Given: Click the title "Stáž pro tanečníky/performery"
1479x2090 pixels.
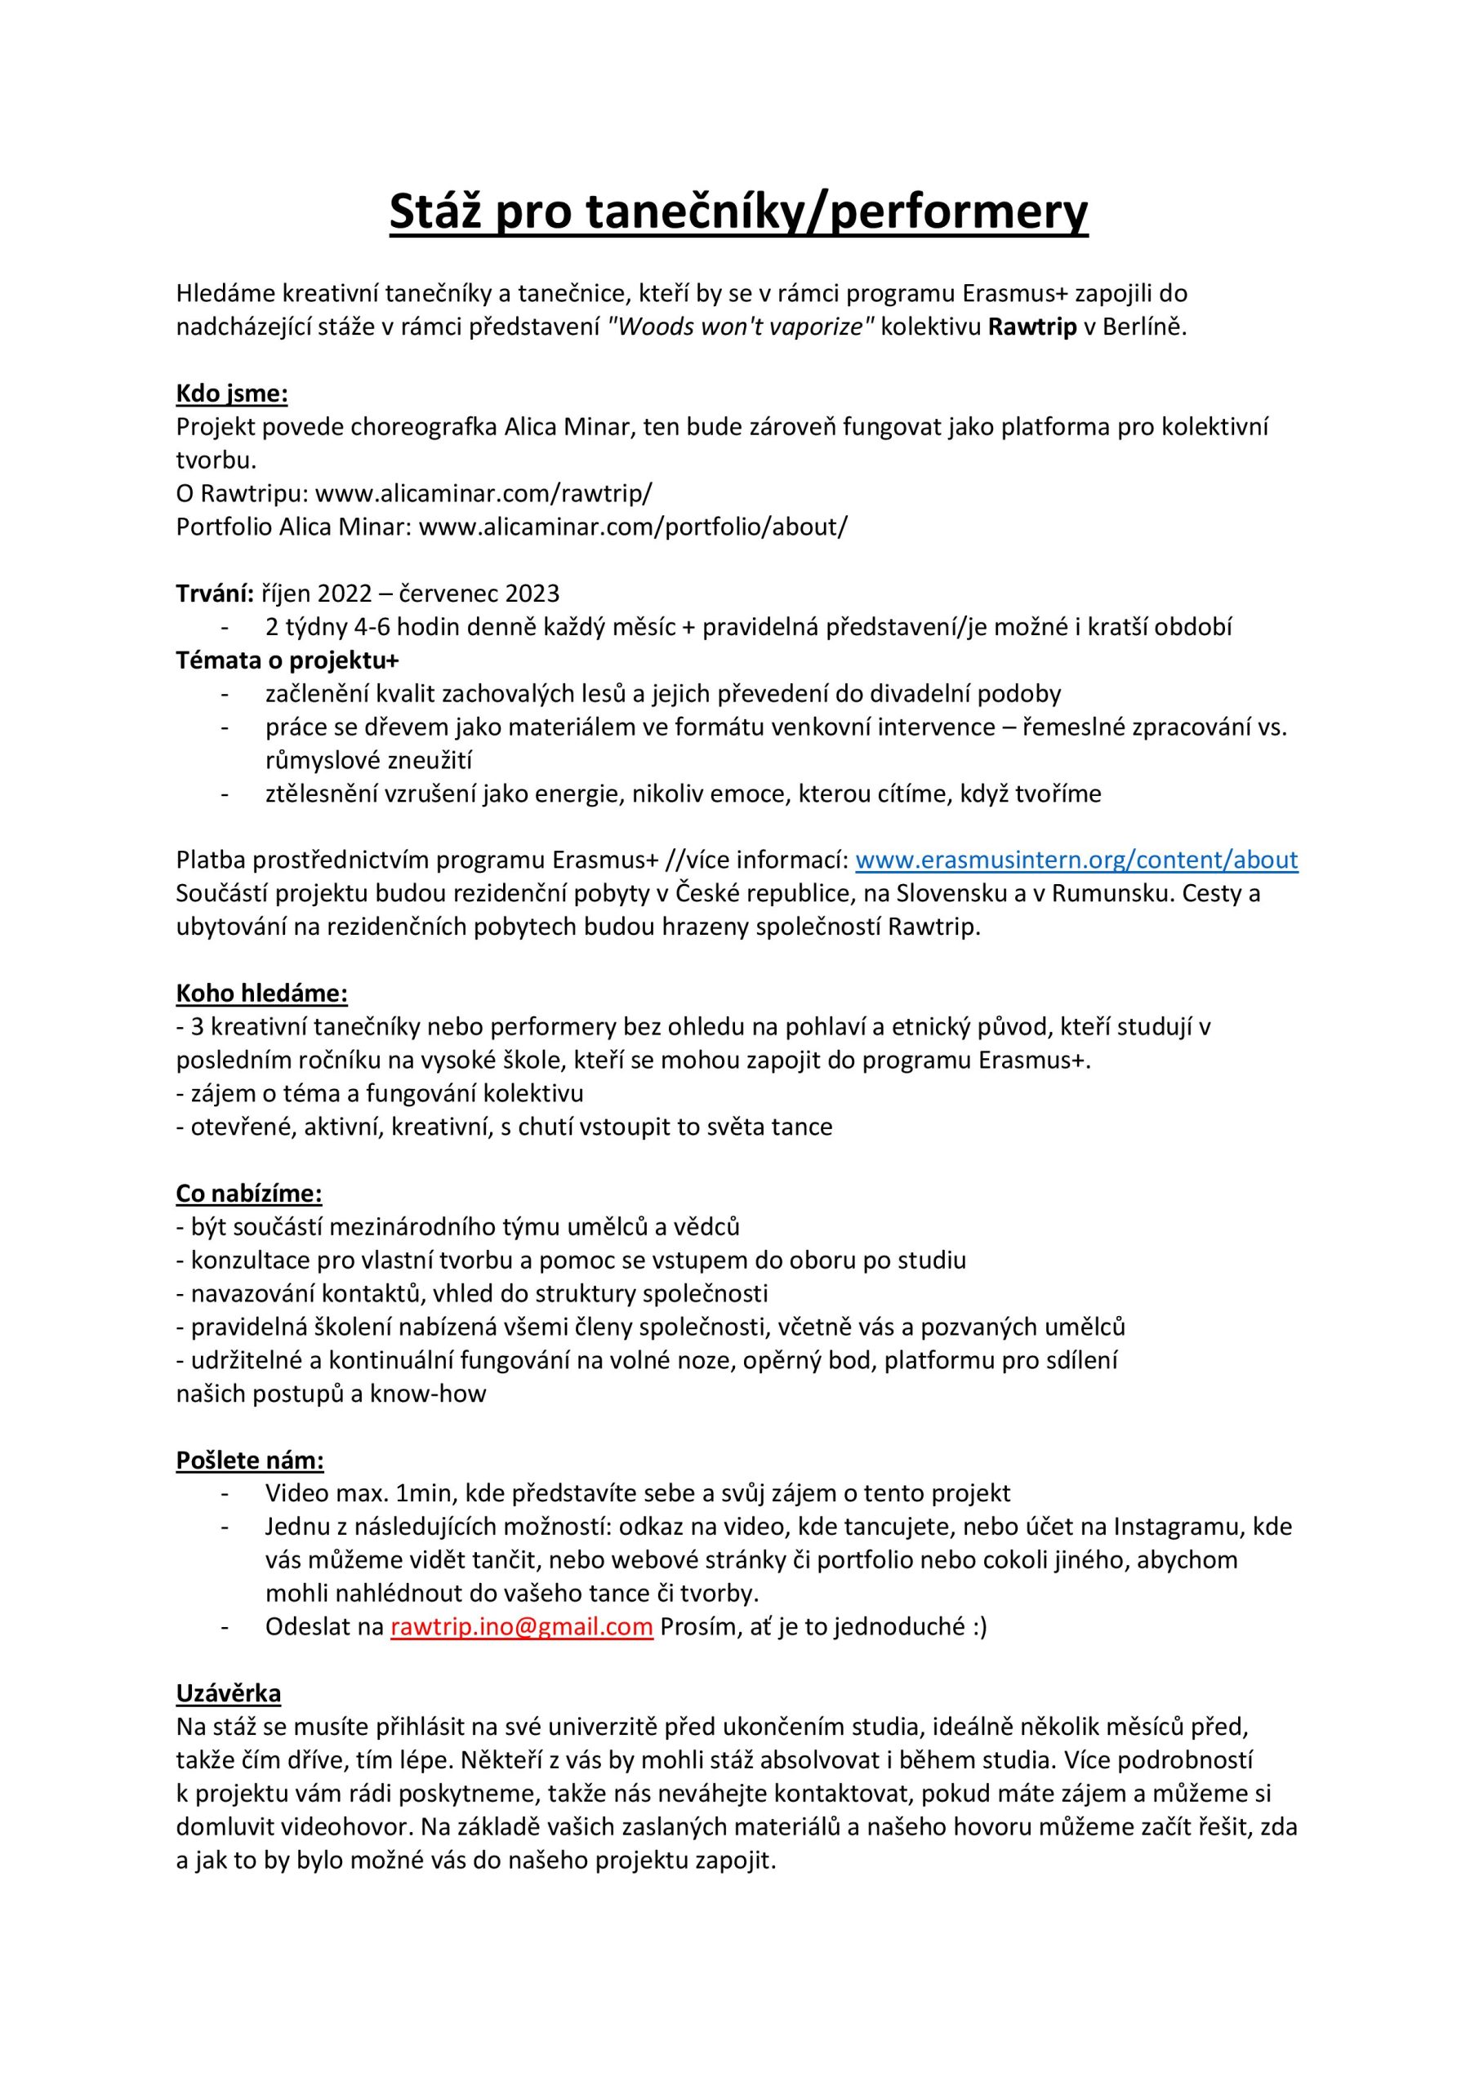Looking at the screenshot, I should click(x=738, y=211).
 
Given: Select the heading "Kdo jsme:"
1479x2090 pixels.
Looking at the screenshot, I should click(x=231, y=394).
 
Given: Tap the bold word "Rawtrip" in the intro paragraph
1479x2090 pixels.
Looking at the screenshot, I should click(x=1031, y=327).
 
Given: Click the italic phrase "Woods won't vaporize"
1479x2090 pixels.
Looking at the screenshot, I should click(x=741, y=327).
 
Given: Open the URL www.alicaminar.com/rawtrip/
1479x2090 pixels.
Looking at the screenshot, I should click(x=483, y=493).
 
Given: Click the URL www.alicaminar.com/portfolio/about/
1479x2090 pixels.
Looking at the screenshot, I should click(x=633, y=527).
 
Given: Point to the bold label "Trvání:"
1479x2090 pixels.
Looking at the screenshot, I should click(x=214, y=594).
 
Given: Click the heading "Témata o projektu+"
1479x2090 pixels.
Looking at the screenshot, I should click(x=287, y=660).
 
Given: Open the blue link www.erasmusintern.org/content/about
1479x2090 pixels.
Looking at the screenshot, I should click(x=1076, y=860).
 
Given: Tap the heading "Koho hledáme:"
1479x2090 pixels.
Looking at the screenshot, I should click(x=261, y=993).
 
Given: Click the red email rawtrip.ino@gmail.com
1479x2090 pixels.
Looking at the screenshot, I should click(x=522, y=1626).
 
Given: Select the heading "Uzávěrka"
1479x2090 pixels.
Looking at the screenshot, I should click(x=228, y=1693).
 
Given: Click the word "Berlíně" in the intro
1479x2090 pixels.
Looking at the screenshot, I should click(x=1145, y=327).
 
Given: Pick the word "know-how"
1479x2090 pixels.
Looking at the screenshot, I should click(x=427, y=1394).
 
